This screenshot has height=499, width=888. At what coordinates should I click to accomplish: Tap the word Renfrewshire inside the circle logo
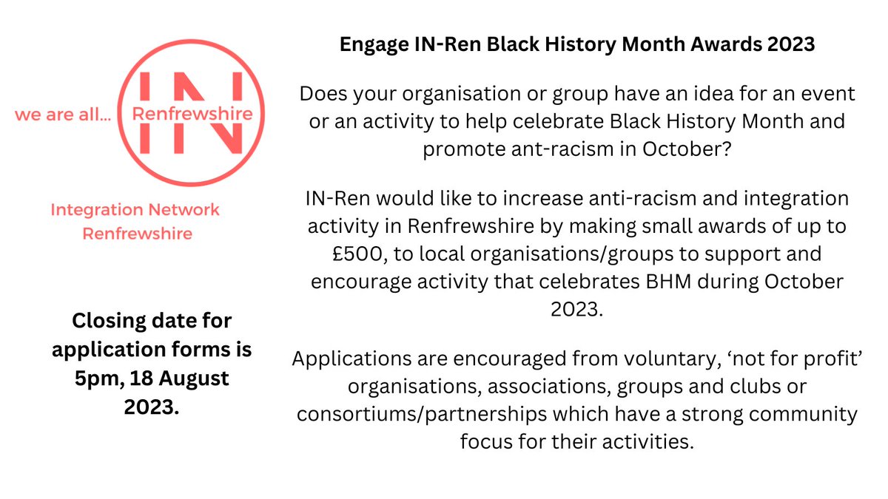pos(191,114)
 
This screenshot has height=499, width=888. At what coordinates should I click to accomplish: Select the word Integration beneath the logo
pos(95,210)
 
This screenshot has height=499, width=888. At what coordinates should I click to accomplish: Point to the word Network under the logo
pos(181,210)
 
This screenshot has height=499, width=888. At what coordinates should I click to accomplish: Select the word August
pos(194,378)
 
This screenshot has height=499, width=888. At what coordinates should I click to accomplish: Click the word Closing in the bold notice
pos(110,322)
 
